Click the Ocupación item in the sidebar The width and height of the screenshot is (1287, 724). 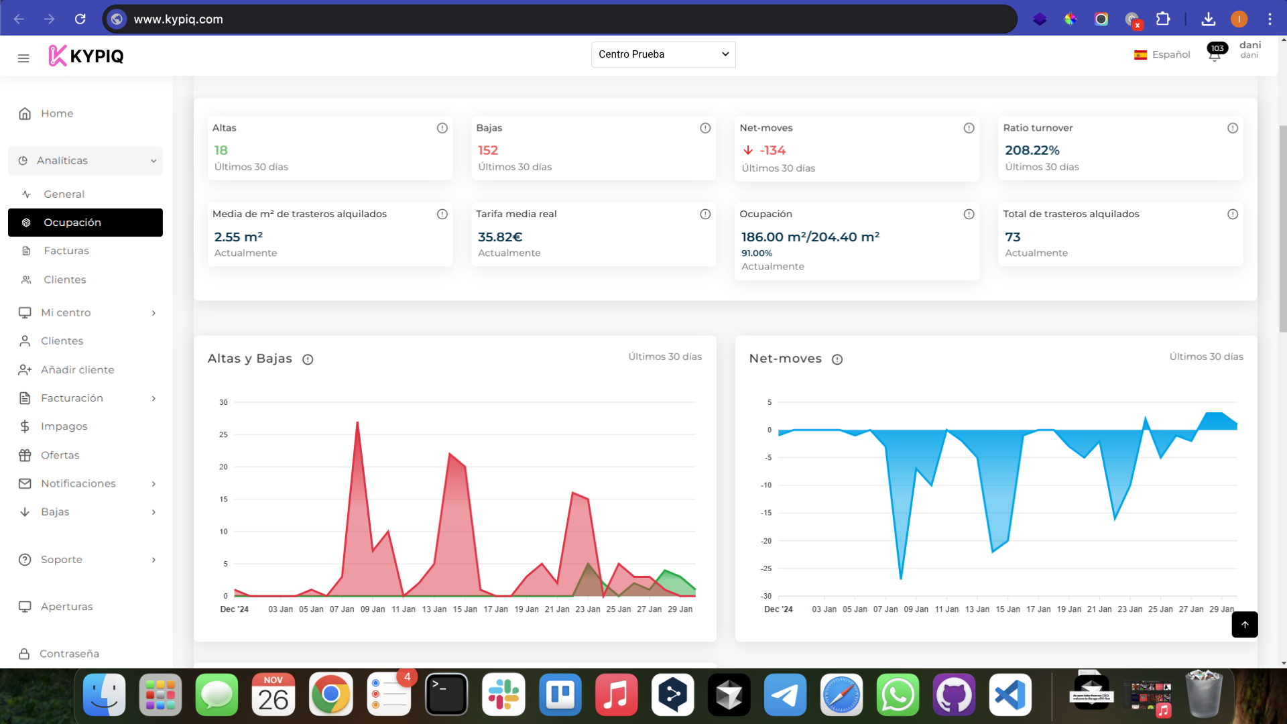coord(72,223)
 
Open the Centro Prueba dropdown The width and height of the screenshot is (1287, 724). coord(663,54)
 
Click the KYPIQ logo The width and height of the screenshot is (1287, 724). coord(86,56)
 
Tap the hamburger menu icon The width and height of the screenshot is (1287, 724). coord(23,58)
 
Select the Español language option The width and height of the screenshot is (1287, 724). coord(1162,55)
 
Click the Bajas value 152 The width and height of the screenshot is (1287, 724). coord(488,151)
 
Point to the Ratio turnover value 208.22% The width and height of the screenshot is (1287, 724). coord(1032,151)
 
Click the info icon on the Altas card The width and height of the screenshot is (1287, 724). coord(442,128)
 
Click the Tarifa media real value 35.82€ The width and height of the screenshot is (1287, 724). coord(500,237)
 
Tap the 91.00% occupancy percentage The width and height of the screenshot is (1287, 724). coord(757,253)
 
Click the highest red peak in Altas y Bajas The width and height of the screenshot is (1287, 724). coord(357,422)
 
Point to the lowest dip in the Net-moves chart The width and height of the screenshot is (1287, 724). coord(901,578)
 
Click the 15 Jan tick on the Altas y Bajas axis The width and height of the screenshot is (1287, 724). coord(465,609)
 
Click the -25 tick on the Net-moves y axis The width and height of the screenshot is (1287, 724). coord(766,568)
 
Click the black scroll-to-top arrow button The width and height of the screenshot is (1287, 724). coord(1244,624)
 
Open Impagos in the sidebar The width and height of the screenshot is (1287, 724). coord(64,426)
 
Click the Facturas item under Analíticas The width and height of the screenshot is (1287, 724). coord(66,251)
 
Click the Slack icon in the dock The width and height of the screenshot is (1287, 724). coord(503,695)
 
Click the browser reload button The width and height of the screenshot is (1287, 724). coord(80,19)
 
